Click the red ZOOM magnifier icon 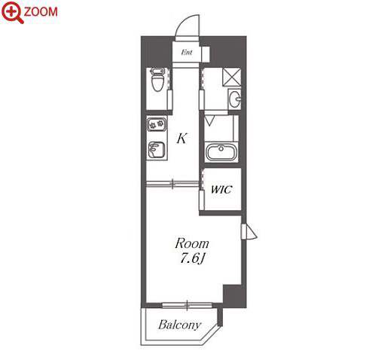tap(12, 12)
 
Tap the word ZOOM tap(41, 12)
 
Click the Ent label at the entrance tap(187, 52)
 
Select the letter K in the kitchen tap(181, 138)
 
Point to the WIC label tap(221, 190)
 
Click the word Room tap(192, 243)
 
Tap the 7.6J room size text tap(192, 258)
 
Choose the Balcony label tap(180, 325)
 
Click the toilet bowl tap(157, 80)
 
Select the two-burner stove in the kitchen tap(157, 124)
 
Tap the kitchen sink tap(157, 150)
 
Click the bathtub tap(221, 152)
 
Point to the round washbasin tap(235, 99)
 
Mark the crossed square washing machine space tap(232, 77)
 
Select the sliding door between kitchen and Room tap(172, 184)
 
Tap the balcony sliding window tap(187, 305)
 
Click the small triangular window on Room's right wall tap(249, 231)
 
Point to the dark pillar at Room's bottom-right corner tap(235, 296)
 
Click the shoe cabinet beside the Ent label tap(205, 53)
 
